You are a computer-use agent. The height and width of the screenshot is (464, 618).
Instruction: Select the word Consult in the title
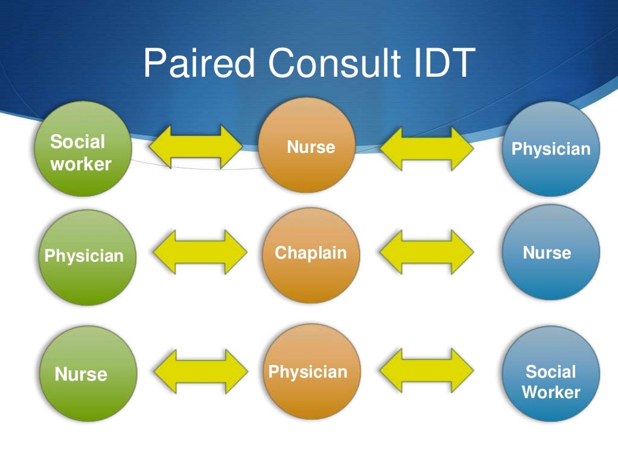(x=334, y=63)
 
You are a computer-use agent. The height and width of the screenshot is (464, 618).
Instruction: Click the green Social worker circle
(x=83, y=149)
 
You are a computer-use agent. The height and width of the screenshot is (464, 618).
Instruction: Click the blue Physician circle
(x=551, y=148)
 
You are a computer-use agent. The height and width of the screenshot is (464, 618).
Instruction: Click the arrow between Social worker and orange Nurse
(x=196, y=146)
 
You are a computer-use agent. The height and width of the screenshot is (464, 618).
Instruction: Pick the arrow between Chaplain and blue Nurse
(x=427, y=252)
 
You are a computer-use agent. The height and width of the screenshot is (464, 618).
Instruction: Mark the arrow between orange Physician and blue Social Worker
(x=427, y=370)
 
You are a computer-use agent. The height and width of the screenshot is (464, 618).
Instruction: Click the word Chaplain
(x=311, y=253)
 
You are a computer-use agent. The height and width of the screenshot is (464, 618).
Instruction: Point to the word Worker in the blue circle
(x=551, y=392)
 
